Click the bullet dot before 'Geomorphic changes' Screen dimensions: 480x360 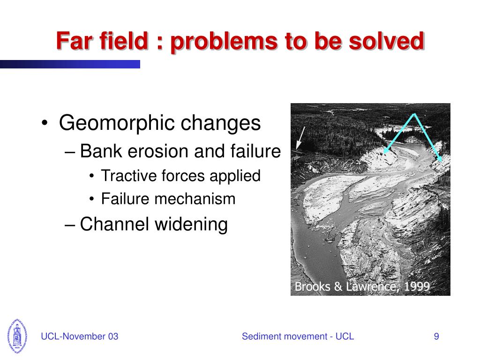tap(45, 124)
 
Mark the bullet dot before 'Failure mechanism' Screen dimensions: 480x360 tap(92, 199)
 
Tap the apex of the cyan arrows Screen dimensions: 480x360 tap(414, 114)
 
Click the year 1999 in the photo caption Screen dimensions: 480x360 tap(416, 287)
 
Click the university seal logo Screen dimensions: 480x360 tap(17, 336)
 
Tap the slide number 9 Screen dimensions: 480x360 tap(436, 337)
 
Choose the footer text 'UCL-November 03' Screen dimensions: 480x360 tap(80, 337)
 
